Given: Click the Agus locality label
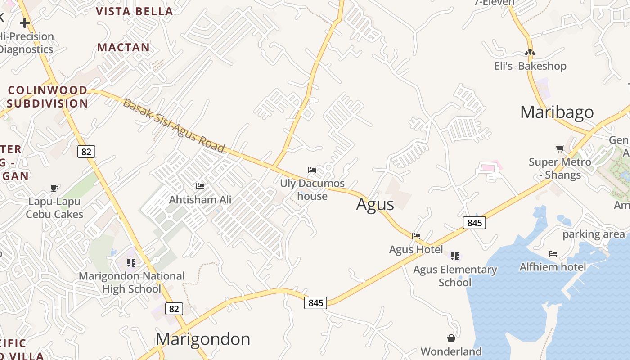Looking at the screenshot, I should [x=375, y=204].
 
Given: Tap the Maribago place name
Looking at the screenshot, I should [x=557, y=112].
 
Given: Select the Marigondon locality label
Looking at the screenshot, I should [x=203, y=339].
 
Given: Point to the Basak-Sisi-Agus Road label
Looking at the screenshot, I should [x=174, y=126].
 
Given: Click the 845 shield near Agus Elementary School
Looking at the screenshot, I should [x=474, y=222].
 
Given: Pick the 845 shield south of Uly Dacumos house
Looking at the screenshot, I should [x=315, y=303].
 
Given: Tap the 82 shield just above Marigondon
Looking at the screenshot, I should [x=174, y=309].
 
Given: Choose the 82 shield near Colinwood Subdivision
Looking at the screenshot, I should [x=86, y=152].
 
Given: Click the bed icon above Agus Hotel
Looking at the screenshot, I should [x=416, y=236].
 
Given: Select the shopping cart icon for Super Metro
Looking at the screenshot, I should [x=560, y=148].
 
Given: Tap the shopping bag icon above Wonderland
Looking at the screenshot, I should [x=451, y=338].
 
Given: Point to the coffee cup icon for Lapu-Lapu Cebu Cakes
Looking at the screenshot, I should [x=54, y=188].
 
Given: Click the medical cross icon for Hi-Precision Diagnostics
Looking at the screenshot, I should [x=25, y=22].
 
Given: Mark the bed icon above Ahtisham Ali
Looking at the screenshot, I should [x=200, y=186].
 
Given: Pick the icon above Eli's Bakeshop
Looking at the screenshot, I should [x=530, y=53].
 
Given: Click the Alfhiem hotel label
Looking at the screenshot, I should [x=553, y=267].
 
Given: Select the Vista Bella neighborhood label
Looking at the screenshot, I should [x=135, y=11].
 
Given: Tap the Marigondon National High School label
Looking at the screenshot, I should [x=131, y=282].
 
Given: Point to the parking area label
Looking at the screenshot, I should [x=594, y=234].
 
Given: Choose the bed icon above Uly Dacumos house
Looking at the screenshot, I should [x=312, y=170].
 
